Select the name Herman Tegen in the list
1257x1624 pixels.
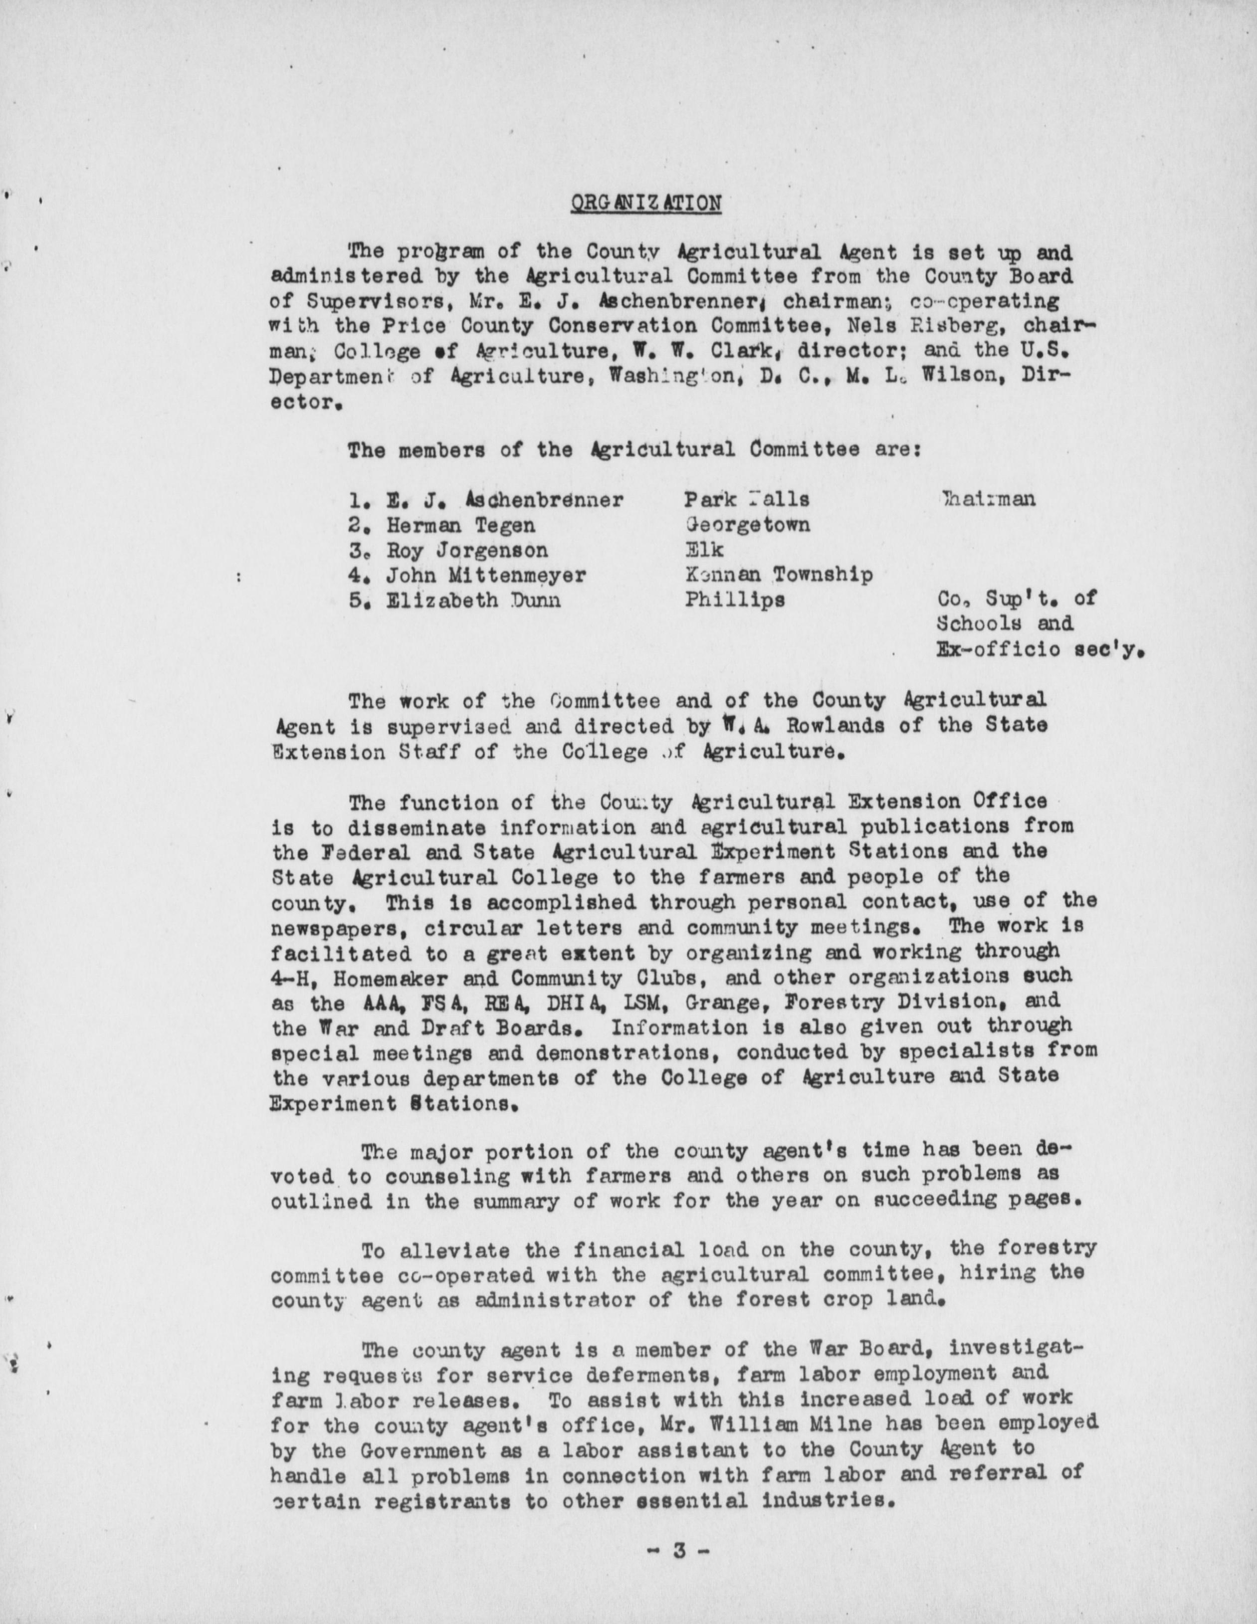coord(460,526)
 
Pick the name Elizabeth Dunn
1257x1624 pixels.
coord(473,600)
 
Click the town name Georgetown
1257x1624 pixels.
coord(748,525)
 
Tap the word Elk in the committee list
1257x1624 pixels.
coord(704,550)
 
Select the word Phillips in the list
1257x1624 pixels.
coord(734,600)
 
